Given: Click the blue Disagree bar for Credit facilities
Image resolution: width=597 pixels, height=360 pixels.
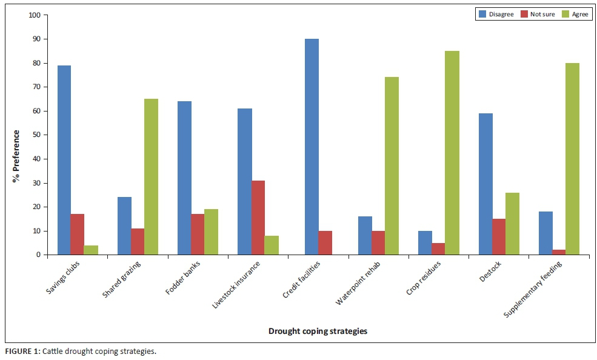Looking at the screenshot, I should click(312, 147).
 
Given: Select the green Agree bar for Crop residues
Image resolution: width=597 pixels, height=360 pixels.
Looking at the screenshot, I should click(452, 153).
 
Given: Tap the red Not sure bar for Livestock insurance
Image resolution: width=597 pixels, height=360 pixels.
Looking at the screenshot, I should click(258, 218).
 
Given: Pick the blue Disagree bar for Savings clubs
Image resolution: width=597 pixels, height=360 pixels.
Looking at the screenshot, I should click(64, 160).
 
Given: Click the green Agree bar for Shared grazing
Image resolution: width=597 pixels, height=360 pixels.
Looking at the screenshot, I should click(151, 177).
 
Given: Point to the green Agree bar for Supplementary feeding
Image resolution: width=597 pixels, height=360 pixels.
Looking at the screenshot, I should click(572, 159).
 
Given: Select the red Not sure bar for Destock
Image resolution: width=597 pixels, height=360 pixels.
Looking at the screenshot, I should click(499, 236).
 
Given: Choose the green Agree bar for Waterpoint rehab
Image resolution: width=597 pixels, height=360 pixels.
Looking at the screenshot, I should click(392, 166).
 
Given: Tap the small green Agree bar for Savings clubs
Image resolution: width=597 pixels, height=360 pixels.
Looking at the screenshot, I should click(91, 250).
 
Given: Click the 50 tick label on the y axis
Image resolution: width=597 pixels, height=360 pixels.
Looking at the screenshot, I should click(36, 135).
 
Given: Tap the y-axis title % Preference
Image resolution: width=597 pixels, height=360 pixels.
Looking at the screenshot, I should click(17, 156).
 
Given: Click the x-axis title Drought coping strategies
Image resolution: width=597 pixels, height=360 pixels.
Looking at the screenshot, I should click(318, 331).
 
